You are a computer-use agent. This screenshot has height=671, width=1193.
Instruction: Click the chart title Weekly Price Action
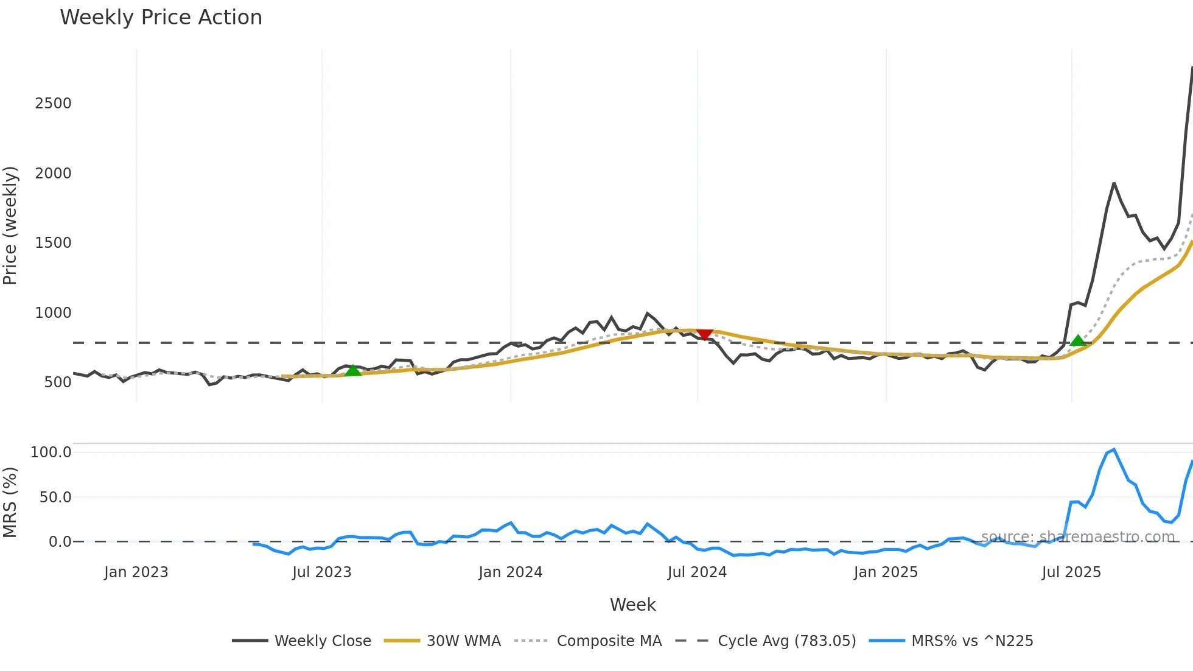161,18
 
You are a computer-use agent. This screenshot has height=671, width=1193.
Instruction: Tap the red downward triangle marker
704,334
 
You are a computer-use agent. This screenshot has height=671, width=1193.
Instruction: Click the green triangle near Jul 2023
352,370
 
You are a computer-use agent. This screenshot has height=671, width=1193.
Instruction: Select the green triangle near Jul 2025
1078,340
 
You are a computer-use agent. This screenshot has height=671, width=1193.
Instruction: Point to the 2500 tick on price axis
53,104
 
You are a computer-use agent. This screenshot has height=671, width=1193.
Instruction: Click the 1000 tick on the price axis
53,313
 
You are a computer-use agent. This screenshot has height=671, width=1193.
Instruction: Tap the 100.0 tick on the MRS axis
51,452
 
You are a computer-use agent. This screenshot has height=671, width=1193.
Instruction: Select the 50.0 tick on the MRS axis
55,497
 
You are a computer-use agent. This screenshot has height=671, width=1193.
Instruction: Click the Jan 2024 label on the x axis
510,572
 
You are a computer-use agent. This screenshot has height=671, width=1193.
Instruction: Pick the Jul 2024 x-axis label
697,572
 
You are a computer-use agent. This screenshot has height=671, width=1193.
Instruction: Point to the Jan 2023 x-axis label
136,572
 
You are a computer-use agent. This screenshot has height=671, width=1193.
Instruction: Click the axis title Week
632,605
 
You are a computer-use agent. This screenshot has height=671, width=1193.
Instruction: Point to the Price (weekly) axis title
10,225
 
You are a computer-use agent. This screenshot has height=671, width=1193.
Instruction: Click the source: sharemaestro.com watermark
1077,537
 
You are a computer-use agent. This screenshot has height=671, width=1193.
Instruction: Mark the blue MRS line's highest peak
1114,450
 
